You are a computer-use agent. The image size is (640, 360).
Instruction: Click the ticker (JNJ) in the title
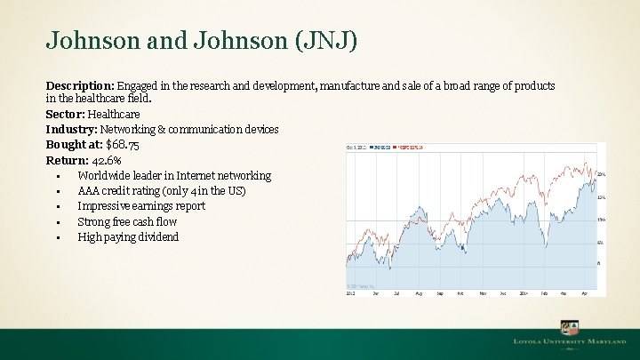tap(325, 40)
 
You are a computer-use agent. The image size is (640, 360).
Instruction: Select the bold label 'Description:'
tap(80, 85)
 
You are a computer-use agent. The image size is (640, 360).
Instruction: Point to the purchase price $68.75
tap(123, 145)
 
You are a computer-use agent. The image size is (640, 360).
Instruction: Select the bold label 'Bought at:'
tap(74, 145)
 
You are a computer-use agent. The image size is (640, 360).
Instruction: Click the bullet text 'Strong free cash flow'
tap(127, 221)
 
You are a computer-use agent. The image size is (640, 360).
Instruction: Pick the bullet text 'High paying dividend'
tap(128, 237)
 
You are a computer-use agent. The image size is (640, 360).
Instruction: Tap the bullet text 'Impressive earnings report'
tap(141, 206)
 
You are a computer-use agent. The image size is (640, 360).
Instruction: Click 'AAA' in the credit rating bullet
tap(89, 191)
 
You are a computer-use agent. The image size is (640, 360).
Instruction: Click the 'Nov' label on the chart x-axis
tap(483, 292)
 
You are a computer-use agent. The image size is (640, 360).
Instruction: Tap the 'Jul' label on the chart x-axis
tap(396, 292)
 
